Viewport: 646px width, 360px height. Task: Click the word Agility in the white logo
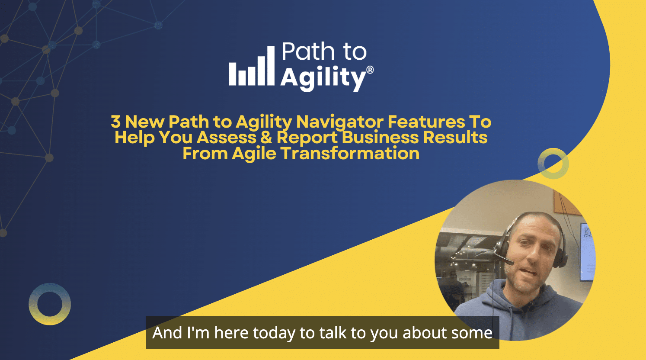coord(323,78)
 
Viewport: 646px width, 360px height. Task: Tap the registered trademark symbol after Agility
coord(370,70)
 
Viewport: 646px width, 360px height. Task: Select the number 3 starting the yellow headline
coord(115,122)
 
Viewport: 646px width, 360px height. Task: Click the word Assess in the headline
coord(227,138)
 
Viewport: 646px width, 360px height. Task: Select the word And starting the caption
coord(167,333)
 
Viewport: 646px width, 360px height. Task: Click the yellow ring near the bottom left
coord(50,304)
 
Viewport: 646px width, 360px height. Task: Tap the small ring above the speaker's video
coord(553,163)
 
